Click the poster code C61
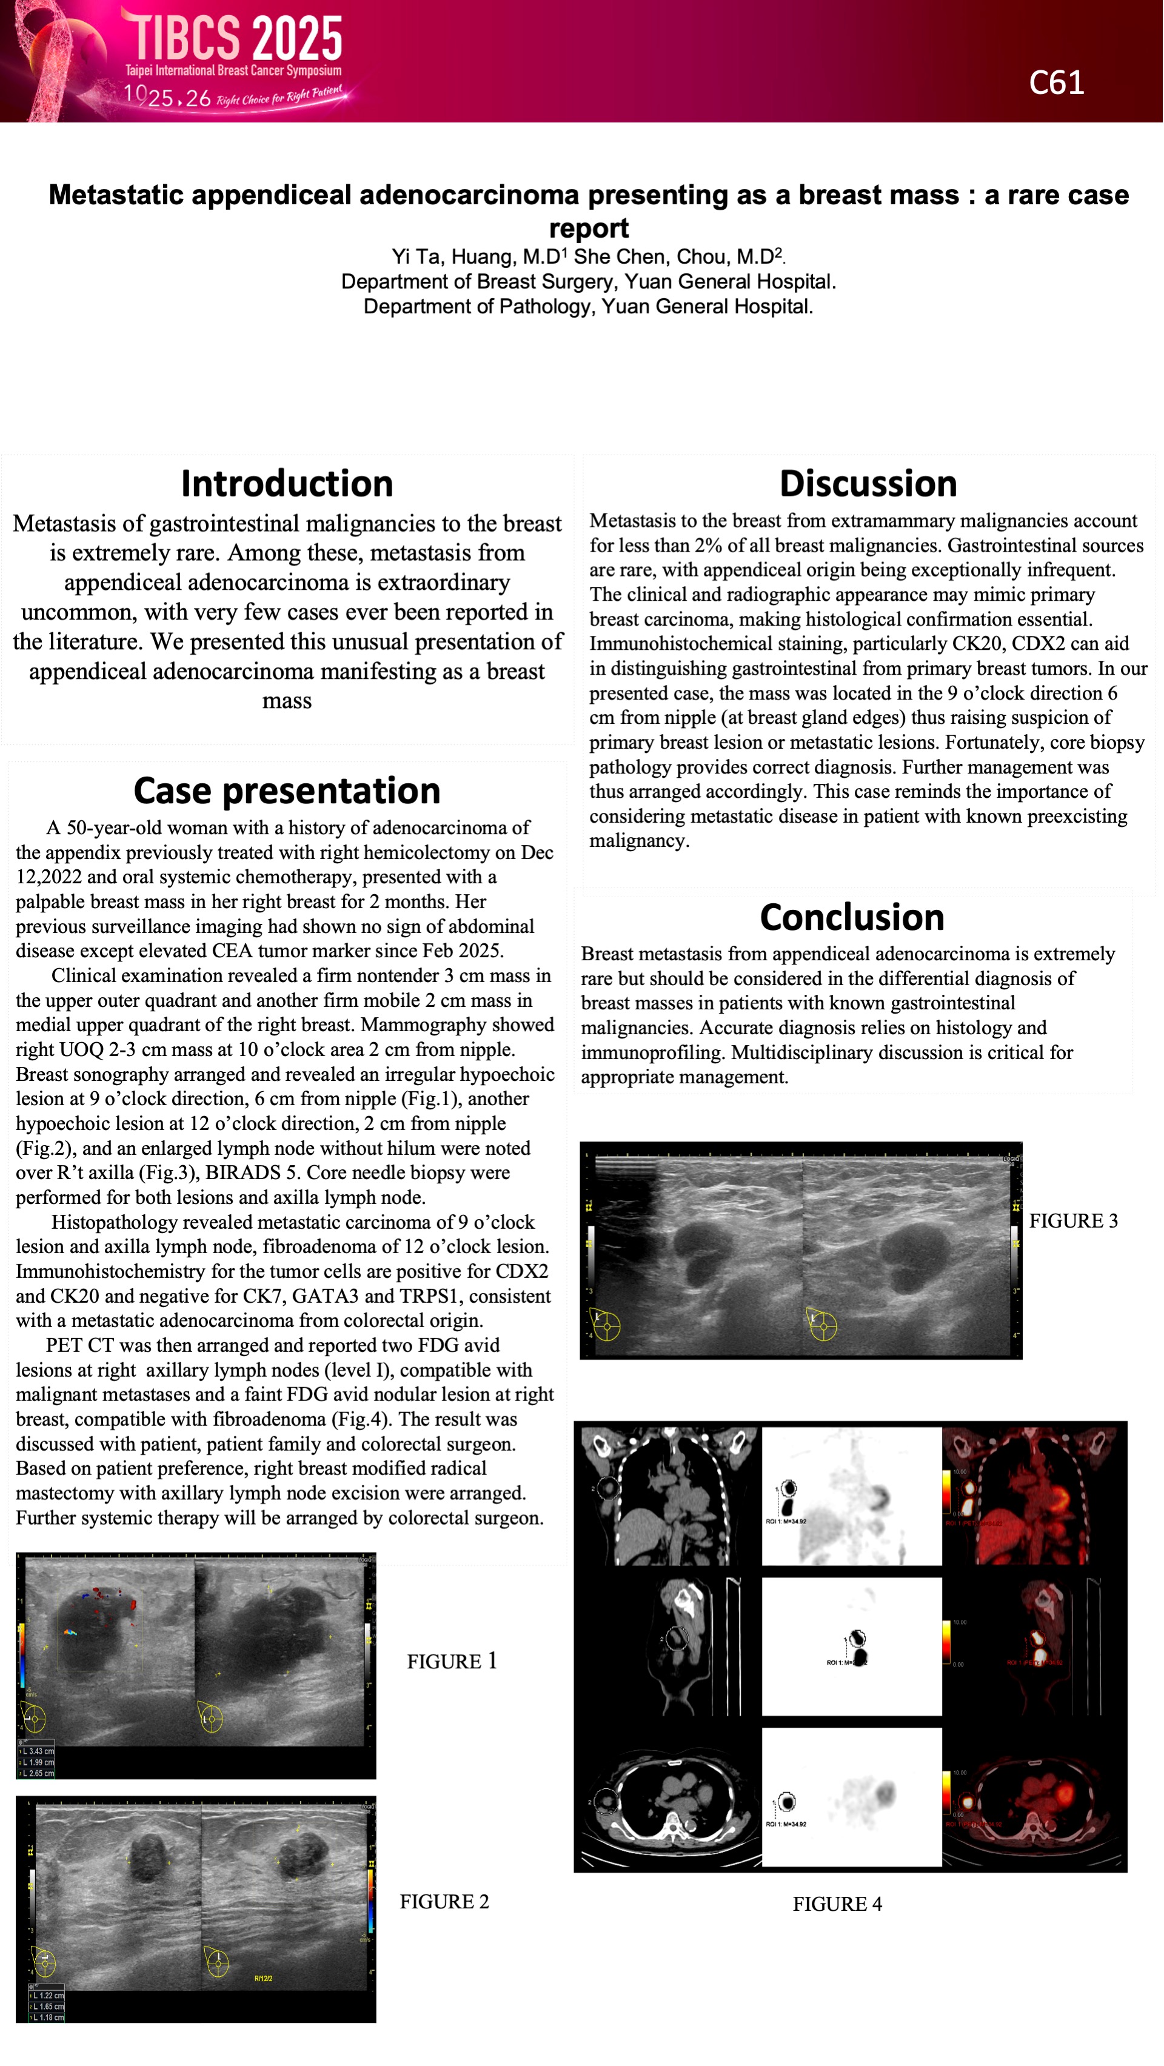click(x=1055, y=82)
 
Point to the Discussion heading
click(x=868, y=484)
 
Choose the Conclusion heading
click(x=852, y=917)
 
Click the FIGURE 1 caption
click(x=452, y=1661)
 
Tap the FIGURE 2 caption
click(x=444, y=1902)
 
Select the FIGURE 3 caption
click(x=1072, y=1221)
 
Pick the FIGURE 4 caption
click(x=837, y=1904)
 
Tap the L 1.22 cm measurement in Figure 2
click(x=47, y=1996)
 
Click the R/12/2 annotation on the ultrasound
click(x=263, y=1979)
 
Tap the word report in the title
click(x=588, y=229)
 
